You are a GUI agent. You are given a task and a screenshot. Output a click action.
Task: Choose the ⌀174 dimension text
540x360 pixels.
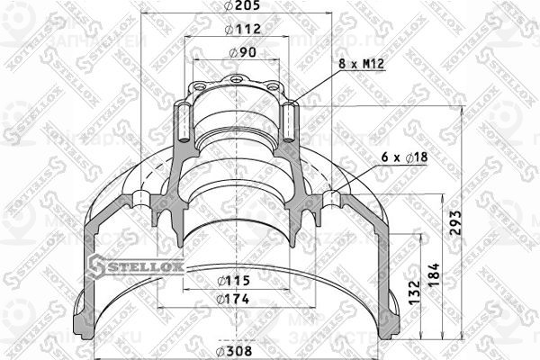[237, 300]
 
